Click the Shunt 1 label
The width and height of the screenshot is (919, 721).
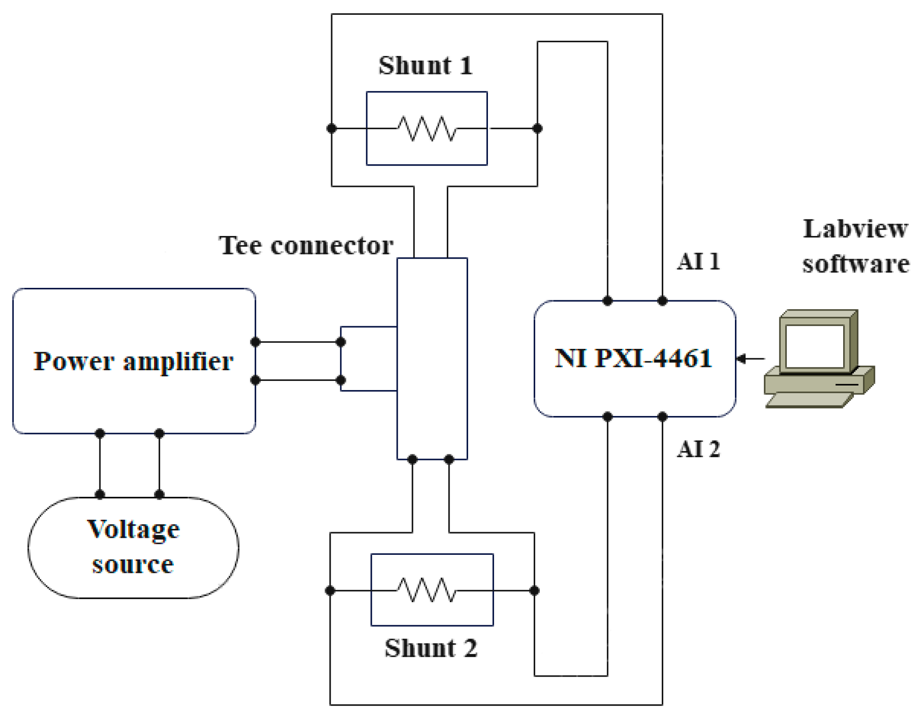point(426,65)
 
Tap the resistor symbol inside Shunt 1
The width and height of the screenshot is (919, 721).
point(427,128)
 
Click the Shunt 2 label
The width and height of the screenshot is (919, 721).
point(431,648)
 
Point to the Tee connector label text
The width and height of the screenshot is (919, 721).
point(306,245)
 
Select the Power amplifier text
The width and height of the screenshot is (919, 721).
point(134,361)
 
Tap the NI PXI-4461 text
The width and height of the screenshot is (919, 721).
point(633,358)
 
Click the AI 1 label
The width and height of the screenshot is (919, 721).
point(698,261)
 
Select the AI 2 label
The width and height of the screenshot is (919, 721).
point(698,449)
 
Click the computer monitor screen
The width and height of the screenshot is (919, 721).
point(814,346)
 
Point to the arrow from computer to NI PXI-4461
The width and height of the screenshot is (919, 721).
point(749,358)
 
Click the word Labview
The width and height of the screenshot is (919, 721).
point(855,229)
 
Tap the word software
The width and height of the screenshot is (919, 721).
point(855,264)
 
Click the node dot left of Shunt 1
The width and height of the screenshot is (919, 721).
point(332,128)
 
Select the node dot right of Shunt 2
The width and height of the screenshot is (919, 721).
point(534,590)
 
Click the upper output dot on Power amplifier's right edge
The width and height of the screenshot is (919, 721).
point(255,342)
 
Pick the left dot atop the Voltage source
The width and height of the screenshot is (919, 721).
point(100,494)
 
